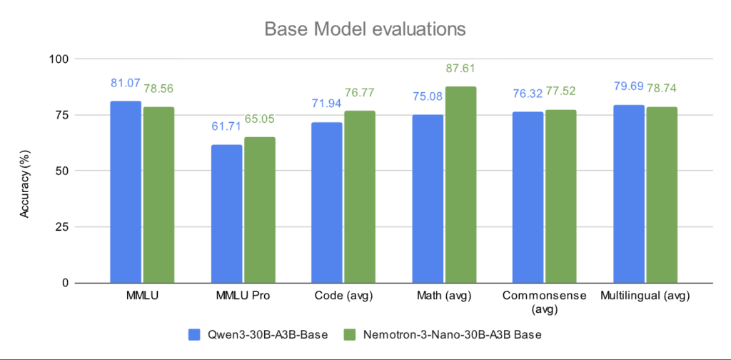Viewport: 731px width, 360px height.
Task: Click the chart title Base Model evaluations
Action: pyautogui.click(x=365, y=29)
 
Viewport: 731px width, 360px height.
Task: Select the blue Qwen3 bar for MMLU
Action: pyautogui.click(x=126, y=192)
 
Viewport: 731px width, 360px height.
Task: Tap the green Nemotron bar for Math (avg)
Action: pyautogui.click(x=460, y=185)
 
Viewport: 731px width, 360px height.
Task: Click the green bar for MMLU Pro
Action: pyautogui.click(x=259, y=210)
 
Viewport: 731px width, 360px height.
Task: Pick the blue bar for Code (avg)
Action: pyautogui.click(x=326, y=203)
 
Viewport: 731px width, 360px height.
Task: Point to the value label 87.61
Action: pyautogui.click(x=460, y=69)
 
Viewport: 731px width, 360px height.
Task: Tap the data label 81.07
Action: pyautogui.click(x=126, y=84)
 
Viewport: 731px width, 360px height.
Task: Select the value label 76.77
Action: pyautogui.click(x=360, y=93)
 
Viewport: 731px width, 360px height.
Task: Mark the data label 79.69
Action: pyautogui.click(x=628, y=86)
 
